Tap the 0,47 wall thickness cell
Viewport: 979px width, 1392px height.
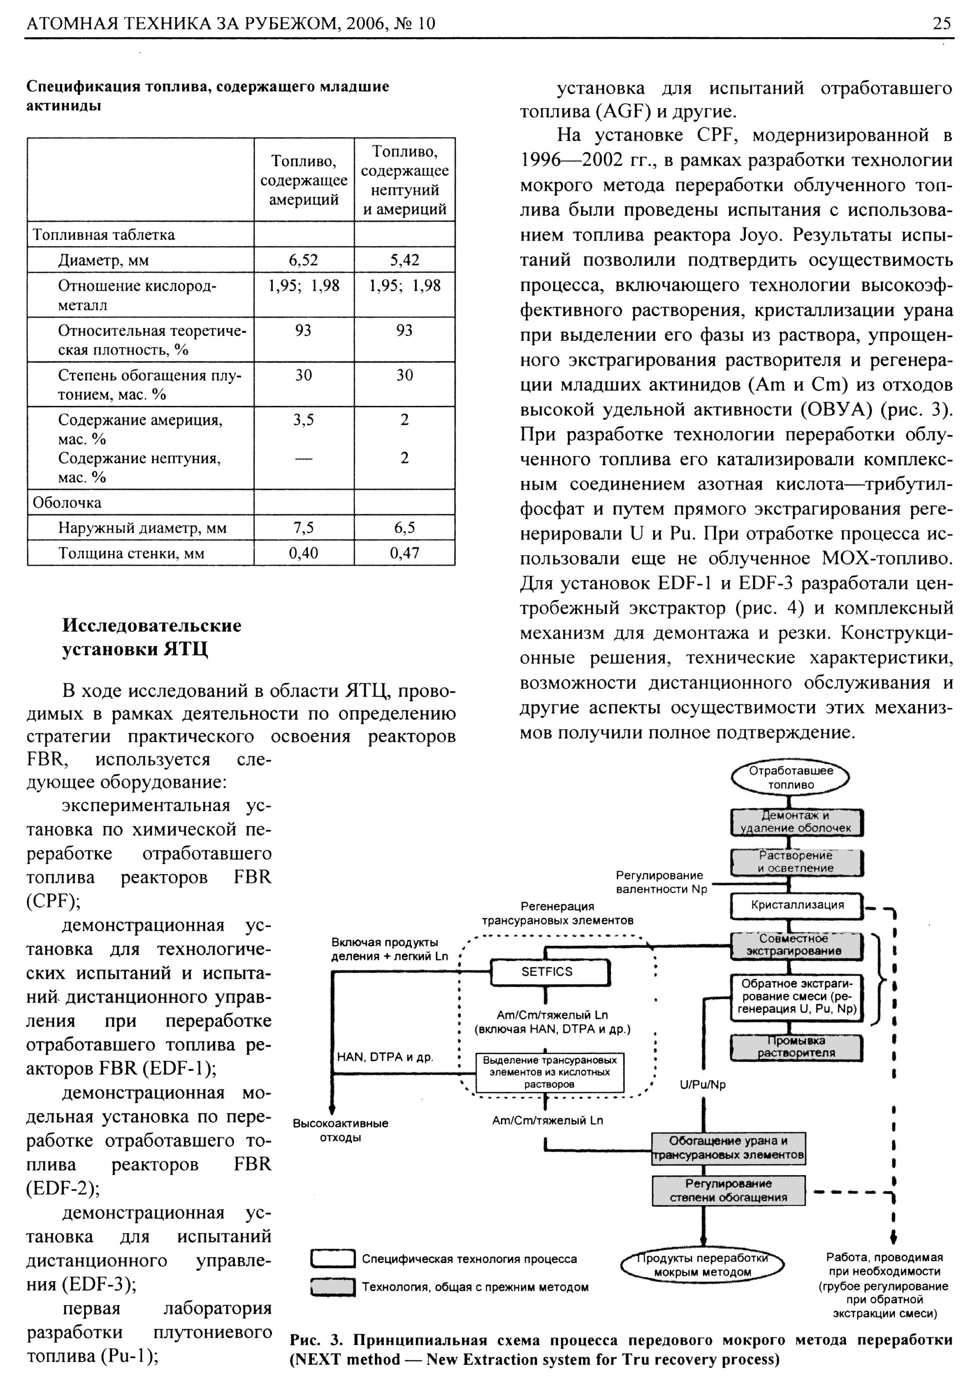[x=404, y=553]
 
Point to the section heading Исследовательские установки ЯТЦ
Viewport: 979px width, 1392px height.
[x=152, y=637]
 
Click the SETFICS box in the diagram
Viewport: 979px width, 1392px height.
[x=547, y=972]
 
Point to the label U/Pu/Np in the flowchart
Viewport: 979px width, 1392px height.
[x=702, y=1084]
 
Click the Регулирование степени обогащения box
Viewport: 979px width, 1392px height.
[x=728, y=1191]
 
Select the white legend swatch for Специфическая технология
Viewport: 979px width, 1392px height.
[x=332, y=1259]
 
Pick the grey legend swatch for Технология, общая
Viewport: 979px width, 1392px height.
[x=332, y=1286]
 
